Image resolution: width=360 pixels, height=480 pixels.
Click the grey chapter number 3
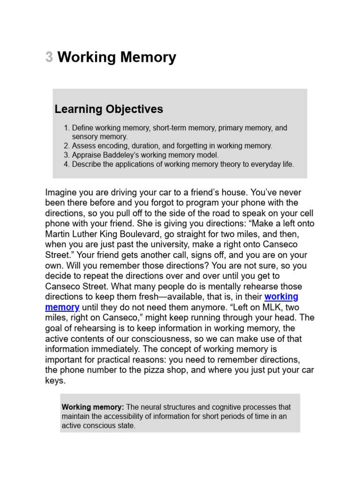[x=49, y=58]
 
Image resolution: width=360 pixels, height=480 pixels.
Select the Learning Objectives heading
[x=109, y=109]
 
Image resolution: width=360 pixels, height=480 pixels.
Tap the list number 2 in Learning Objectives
[x=66, y=146]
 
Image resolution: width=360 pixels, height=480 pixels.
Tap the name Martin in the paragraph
[x=57, y=234]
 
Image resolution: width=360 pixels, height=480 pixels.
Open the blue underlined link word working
[x=281, y=297]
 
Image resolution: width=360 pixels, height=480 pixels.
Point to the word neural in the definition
[x=152, y=407]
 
